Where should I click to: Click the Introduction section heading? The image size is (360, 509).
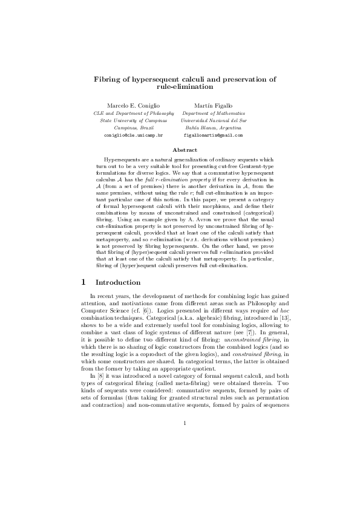119,282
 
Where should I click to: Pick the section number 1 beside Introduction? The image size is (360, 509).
83,282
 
